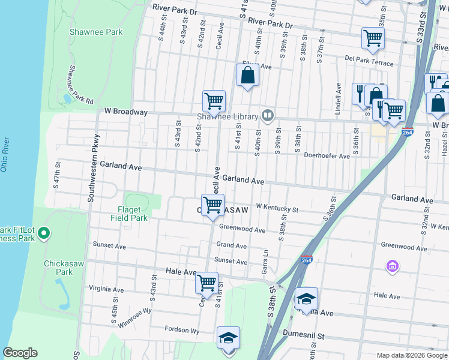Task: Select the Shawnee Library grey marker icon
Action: click(x=268, y=116)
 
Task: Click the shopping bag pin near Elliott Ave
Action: click(x=247, y=76)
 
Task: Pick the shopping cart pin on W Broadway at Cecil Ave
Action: click(x=214, y=101)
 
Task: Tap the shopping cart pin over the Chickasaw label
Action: click(x=212, y=205)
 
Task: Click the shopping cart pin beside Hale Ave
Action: click(x=207, y=282)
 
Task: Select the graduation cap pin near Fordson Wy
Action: click(x=228, y=338)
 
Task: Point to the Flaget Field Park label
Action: click(x=125, y=214)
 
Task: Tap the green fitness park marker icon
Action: click(x=43, y=233)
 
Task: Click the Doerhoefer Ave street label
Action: click(x=327, y=156)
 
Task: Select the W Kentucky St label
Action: click(x=277, y=208)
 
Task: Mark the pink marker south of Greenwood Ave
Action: click(x=393, y=266)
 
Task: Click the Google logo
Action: click(x=20, y=353)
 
